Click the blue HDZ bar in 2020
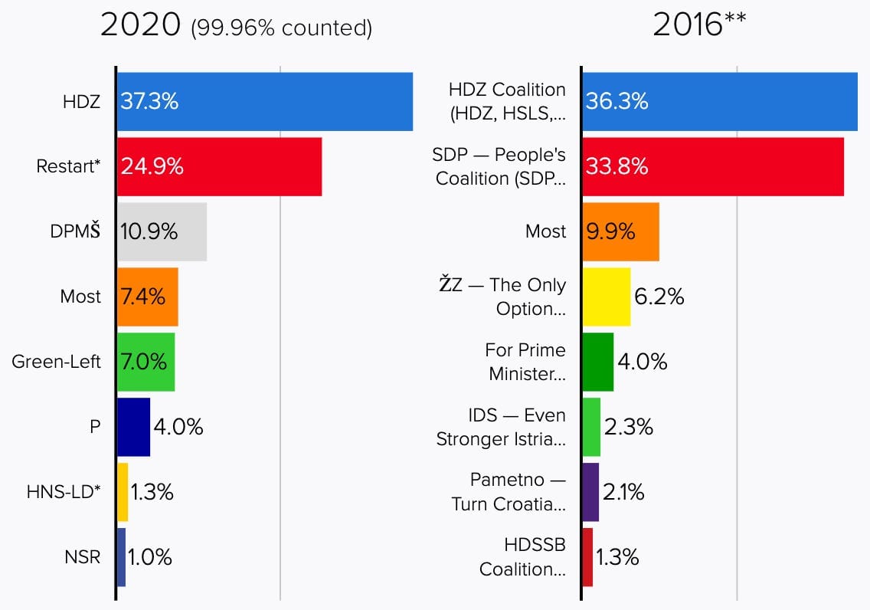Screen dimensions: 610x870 264,101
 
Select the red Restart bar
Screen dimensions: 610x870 219,166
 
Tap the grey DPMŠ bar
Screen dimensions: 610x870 162,231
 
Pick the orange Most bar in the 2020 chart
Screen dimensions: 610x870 147,297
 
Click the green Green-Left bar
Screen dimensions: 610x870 146,362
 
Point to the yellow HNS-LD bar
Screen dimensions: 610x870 123,492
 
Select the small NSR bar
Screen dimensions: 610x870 121,557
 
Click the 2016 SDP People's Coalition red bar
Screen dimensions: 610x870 712,166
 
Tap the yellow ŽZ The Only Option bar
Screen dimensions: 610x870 606,297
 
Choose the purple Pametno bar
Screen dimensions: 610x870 590,492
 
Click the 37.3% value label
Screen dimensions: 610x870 149,101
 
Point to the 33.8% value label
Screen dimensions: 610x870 617,166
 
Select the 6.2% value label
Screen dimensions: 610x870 659,297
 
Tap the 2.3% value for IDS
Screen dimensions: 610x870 628,427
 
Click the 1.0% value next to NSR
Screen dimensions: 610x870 150,557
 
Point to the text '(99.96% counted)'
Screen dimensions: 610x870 281,28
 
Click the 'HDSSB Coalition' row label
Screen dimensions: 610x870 522,557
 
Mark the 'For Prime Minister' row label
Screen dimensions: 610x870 525,362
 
